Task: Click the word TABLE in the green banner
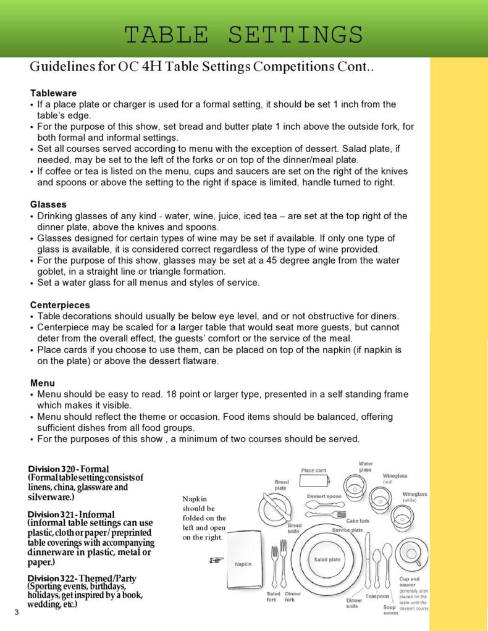[169, 35]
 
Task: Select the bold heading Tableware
[53, 93]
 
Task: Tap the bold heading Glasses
[48, 204]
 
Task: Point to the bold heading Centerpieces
[60, 305]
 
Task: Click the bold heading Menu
[43, 383]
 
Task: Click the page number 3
[17, 612]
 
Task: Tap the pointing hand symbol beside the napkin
[216, 560]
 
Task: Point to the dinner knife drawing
[368, 562]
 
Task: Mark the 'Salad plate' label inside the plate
[327, 559]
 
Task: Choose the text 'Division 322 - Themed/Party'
[82, 579]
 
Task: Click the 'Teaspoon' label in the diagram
[377, 596]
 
